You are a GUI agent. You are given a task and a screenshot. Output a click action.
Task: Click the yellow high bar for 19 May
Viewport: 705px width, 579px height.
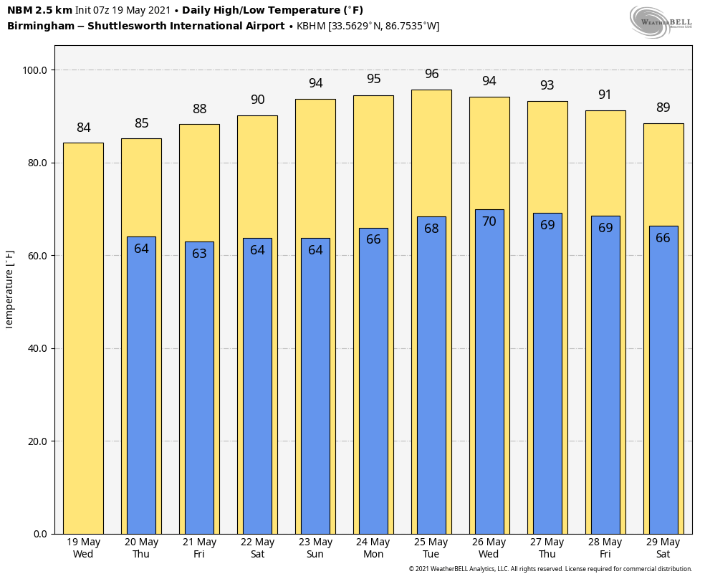(83, 337)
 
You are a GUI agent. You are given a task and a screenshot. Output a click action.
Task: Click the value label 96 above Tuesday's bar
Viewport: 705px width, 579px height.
(431, 75)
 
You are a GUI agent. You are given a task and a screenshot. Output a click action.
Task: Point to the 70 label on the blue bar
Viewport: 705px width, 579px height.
(489, 222)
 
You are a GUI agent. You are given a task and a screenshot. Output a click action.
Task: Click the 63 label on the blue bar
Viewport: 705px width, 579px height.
(199, 254)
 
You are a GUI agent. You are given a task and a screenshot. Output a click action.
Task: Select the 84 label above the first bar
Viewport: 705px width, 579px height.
(84, 128)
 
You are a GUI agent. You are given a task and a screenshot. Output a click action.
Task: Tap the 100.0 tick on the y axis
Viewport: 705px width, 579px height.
(34, 70)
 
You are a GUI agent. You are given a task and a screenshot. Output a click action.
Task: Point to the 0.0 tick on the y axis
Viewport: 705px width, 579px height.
(40, 534)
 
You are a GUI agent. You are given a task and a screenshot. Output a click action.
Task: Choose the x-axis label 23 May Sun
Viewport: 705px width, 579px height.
(315, 548)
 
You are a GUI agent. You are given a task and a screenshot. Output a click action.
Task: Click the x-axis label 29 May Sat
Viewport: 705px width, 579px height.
(663, 548)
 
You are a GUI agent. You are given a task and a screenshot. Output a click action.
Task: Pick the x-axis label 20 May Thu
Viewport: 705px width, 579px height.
(141, 548)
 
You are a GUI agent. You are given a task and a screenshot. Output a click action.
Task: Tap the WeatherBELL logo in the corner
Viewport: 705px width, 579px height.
(660, 21)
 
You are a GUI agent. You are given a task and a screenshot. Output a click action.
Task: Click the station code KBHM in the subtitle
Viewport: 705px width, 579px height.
(311, 27)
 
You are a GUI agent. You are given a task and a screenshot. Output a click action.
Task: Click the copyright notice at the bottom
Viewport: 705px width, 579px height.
(550, 569)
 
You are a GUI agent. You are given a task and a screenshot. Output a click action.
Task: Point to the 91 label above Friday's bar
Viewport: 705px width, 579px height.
(605, 95)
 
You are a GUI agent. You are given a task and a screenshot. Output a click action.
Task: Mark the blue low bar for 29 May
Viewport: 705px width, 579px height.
(663, 380)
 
